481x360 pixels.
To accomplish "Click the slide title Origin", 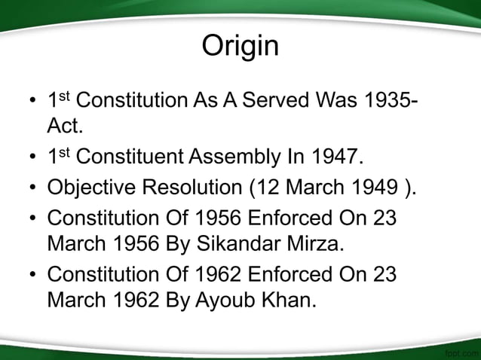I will tap(240, 47).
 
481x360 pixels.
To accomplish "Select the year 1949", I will tap(366, 188).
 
